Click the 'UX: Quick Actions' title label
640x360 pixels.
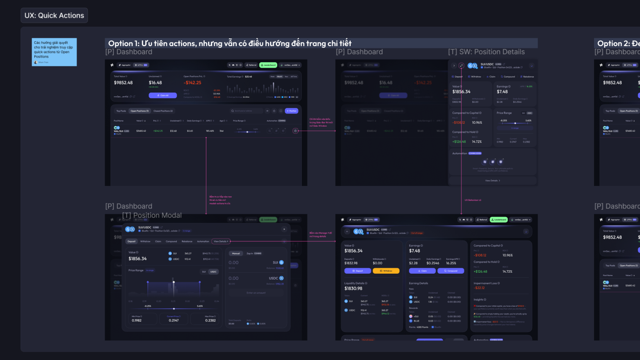pyautogui.click(x=54, y=16)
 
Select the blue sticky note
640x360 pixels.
pyautogui.click(x=54, y=52)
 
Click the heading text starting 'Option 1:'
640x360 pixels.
pyautogui.click(x=230, y=43)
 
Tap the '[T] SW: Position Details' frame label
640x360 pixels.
pyautogui.click(x=486, y=52)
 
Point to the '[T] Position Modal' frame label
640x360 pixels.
pyautogui.click(x=152, y=215)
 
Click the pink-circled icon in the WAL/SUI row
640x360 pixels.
pyautogui.click(x=295, y=131)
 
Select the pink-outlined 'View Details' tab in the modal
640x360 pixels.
pyautogui.click(x=221, y=241)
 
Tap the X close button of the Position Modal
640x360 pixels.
pyautogui.click(x=284, y=229)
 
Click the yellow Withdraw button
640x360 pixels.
pyautogui.click(x=386, y=271)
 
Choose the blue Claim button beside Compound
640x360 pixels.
pyautogui.click(x=422, y=271)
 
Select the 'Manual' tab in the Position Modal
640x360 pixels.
pyautogui.click(x=236, y=253)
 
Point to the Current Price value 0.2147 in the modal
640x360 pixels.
pyautogui.click(x=174, y=320)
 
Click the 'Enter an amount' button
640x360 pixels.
pyautogui.click(x=256, y=293)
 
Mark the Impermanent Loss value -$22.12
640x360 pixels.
pyautogui.click(x=480, y=288)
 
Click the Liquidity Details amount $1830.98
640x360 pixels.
pyautogui.click(x=353, y=289)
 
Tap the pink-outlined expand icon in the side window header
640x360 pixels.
pyautogui.click(x=461, y=66)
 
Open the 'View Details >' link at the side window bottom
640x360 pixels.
pyautogui.click(x=492, y=181)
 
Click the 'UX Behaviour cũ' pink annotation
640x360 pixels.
pyautogui.click(x=473, y=200)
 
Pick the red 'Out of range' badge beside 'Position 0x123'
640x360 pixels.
pyautogui.click(x=417, y=233)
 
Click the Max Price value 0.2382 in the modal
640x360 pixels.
pyautogui.click(x=210, y=320)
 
